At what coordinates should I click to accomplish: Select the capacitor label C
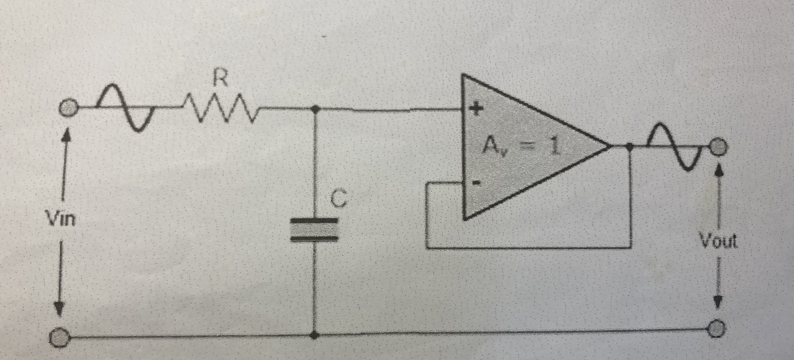click(338, 199)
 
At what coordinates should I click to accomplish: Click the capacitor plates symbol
click(315, 229)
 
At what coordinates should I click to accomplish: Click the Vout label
click(718, 241)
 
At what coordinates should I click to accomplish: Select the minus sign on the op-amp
click(476, 183)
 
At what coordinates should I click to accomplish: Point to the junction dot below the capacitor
click(315, 335)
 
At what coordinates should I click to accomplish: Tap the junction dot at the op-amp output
click(630, 146)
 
